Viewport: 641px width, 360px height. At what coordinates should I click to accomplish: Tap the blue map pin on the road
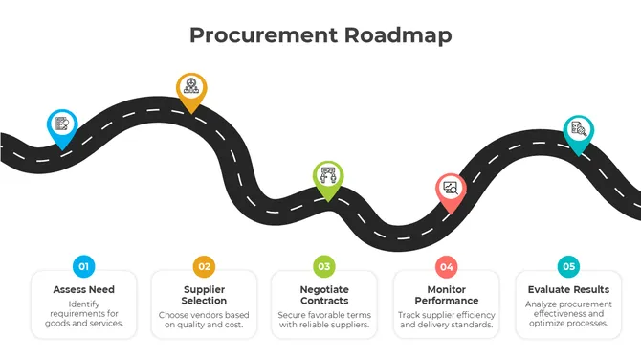[x=62, y=124]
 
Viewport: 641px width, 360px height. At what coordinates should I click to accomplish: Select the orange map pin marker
[x=191, y=88]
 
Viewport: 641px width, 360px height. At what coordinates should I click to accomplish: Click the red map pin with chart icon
[x=450, y=189]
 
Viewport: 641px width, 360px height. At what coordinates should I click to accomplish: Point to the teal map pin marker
[x=578, y=130]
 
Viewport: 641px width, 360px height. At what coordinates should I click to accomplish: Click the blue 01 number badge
[x=83, y=266]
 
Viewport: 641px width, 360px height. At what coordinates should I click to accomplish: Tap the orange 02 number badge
[x=204, y=266]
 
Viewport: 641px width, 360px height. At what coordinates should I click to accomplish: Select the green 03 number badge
[x=324, y=266]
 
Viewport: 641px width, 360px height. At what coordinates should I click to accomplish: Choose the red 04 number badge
[x=446, y=266]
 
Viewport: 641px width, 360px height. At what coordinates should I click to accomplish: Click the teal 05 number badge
[x=568, y=266]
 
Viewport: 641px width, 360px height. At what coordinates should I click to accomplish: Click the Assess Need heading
[x=83, y=289]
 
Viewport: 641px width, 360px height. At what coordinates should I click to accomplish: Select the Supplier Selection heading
[x=204, y=295]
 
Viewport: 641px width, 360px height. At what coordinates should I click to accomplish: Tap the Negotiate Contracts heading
[x=324, y=295]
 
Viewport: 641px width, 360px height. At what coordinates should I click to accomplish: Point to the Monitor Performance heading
[x=446, y=295]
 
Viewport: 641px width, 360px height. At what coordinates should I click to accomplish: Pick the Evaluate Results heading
[x=568, y=289]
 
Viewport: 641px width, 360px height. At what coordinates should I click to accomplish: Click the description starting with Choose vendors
[x=204, y=320]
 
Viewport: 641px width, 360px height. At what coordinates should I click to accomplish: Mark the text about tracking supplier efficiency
[x=446, y=320]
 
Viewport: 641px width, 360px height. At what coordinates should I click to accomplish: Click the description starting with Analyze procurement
[x=568, y=314]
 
